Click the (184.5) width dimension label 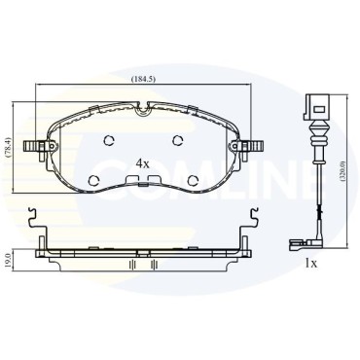click(x=143, y=79)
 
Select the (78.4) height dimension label click(x=9, y=148)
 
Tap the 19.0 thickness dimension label click(x=9, y=261)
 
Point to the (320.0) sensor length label click(x=343, y=171)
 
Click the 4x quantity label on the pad click(x=142, y=164)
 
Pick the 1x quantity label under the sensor click(x=310, y=264)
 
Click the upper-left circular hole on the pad click(x=109, y=140)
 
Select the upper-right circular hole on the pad click(x=177, y=140)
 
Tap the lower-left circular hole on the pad click(x=94, y=180)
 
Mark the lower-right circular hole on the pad click(x=194, y=180)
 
